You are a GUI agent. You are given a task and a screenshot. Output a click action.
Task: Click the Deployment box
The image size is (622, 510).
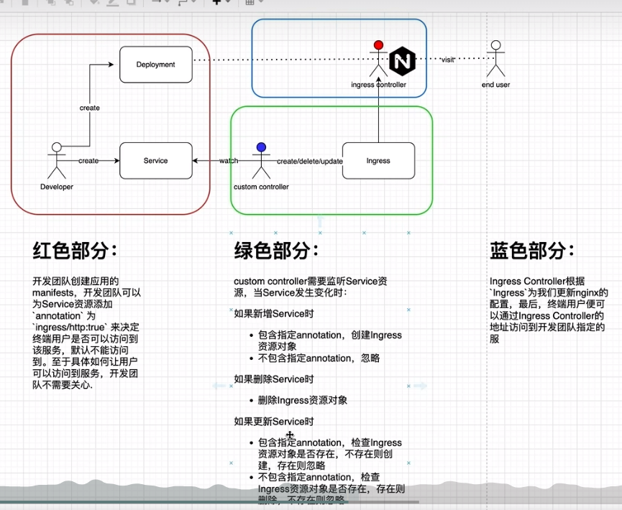click(156, 65)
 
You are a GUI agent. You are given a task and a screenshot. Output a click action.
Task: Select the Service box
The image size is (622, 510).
click(155, 160)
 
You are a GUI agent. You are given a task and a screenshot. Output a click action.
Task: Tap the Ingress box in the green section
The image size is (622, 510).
click(378, 160)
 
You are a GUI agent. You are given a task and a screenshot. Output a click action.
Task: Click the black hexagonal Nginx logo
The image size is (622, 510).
click(403, 62)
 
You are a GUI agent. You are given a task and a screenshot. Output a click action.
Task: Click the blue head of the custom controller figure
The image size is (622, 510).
click(261, 148)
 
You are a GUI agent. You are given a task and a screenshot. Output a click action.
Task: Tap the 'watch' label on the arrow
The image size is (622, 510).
click(229, 161)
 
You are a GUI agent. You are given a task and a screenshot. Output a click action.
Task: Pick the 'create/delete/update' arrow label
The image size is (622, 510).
click(310, 161)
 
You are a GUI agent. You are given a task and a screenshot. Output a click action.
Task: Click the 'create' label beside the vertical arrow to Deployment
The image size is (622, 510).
click(90, 108)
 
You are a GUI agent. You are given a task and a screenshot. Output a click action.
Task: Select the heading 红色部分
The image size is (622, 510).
click(75, 251)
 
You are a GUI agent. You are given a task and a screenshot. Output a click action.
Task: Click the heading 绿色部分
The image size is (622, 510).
click(277, 251)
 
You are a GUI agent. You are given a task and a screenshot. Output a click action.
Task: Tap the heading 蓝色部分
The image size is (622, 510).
click(532, 251)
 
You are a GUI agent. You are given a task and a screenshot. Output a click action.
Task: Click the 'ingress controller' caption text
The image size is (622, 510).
click(378, 85)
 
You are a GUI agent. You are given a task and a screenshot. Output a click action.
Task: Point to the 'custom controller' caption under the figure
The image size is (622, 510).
click(261, 187)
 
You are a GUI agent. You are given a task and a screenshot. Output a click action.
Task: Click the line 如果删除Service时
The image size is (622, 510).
click(273, 379)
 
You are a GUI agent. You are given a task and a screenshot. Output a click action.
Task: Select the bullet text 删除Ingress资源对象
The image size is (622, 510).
click(302, 400)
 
